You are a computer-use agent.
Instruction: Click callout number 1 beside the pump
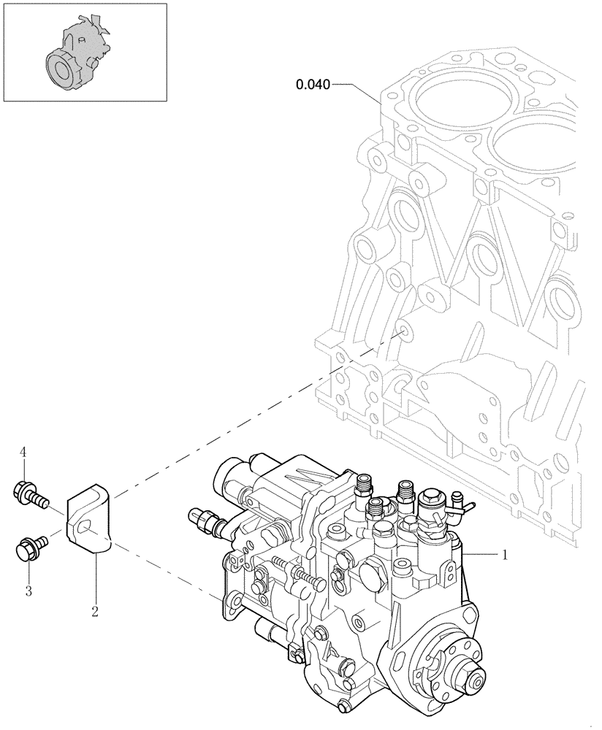point(504,555)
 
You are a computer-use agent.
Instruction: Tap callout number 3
point(28,591)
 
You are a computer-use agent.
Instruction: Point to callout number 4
point(23,453)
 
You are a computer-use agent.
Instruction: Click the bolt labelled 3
point(30,547)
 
